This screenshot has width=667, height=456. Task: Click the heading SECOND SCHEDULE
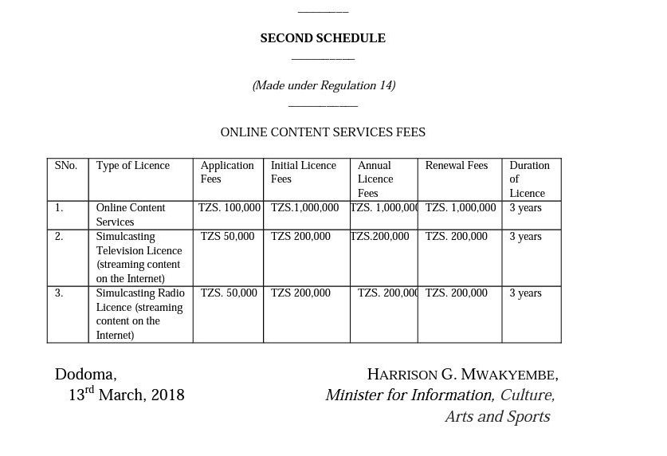click(x=323, y=38)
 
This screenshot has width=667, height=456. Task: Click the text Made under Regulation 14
click(x=324, y=85)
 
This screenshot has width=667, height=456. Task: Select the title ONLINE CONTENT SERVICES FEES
click(x=323, y=132)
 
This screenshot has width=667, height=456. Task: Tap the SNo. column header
click(x=66, y=166)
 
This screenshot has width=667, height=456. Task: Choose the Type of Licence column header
click(x=133, y=166)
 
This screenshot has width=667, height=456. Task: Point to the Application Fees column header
click(x=227, y=172)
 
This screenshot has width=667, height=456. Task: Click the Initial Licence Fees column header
click(x=304, y=172)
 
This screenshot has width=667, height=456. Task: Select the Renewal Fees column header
click(x=457, y=166)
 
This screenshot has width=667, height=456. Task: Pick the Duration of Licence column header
click(x=529, y=179)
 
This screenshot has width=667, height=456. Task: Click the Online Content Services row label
click(x=131, y=214)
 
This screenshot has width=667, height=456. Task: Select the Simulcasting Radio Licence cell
click(x=139, y=314)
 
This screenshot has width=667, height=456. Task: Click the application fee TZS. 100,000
click(x=230, y=208)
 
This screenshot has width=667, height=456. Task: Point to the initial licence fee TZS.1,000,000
click(x=305, y=208)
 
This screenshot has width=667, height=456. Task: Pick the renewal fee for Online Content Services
click(x=461, y=208)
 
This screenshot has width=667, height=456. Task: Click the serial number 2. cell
click(x=59, y=237)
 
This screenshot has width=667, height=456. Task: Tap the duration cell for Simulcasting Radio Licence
click(x=525, y=293)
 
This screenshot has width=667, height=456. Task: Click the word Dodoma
click(x=86, y=375)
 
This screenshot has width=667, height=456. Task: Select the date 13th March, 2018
click(x=126, y=395)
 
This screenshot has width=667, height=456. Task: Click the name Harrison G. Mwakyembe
click(x=462, y=375)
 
